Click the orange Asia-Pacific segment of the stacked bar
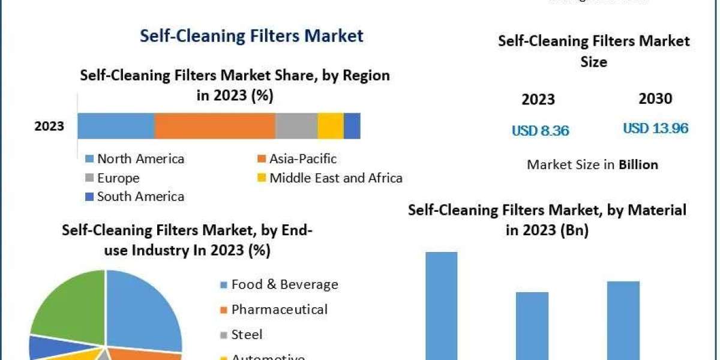[x=215, y=125]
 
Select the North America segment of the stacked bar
[x=116, y=125]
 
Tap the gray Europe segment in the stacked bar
[x=296, y=125]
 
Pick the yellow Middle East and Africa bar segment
[x=331, y=125]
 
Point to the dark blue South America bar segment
[x=352, y=125]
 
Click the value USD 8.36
[x=540, y=130]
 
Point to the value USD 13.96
[x=655, y=128]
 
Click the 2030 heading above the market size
[x=655, y=99]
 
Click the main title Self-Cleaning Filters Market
[x=251, y=36]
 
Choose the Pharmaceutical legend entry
[x=279, y=310]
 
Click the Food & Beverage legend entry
[x=284, y=284]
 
